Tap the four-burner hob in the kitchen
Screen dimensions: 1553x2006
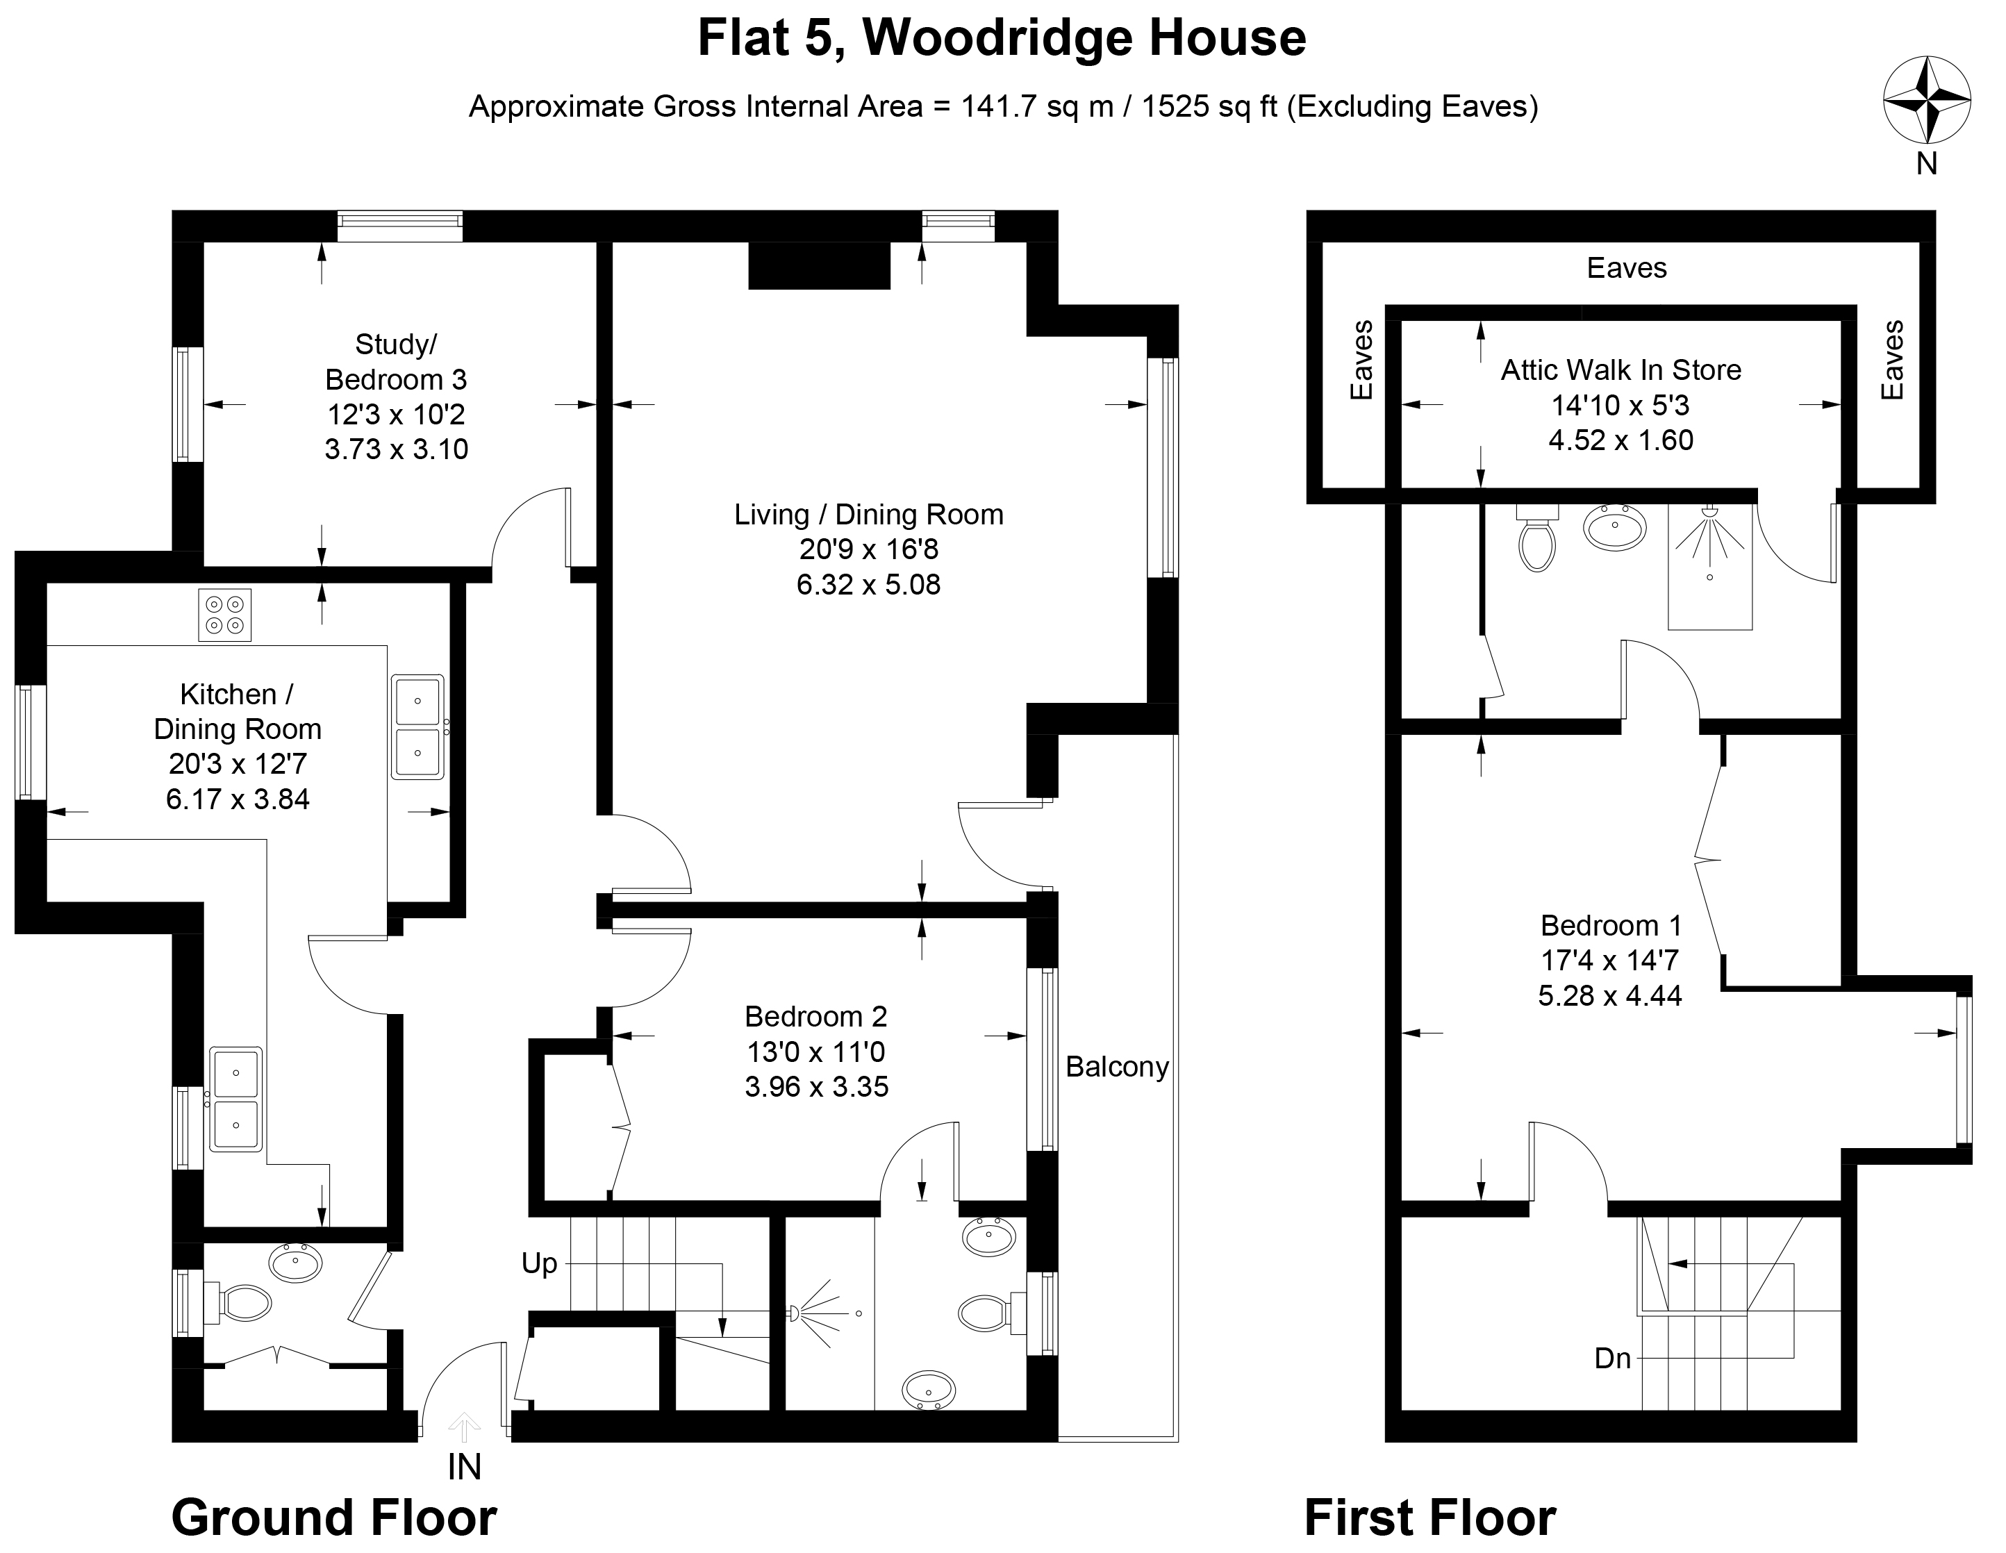(x=225, y=615)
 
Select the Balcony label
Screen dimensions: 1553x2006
(x=1117, y=1068)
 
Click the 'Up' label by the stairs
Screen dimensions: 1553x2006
(x=539, y=1263)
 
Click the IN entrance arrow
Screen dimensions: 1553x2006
(x=464, y=1428)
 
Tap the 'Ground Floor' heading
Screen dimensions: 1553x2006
(x=334, y=1517)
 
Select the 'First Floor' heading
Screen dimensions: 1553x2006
(x=1430, y=1517)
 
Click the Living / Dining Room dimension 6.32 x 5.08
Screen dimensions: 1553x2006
(x=868, y=584)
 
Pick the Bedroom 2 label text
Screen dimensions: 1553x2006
(x=815, y=1017)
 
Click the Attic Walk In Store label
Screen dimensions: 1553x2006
(x=1621, y=370)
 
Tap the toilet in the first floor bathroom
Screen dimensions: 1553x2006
(x=1536, y=540)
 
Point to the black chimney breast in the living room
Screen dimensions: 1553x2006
(x=820, y=265)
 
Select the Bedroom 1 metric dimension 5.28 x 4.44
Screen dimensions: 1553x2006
(x=1610, y=995)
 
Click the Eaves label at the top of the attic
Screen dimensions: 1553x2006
(x=1627, y=268)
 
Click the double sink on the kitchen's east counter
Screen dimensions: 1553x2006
(x=418, y=726)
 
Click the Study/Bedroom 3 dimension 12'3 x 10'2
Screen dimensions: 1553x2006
(x=397, y=414)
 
